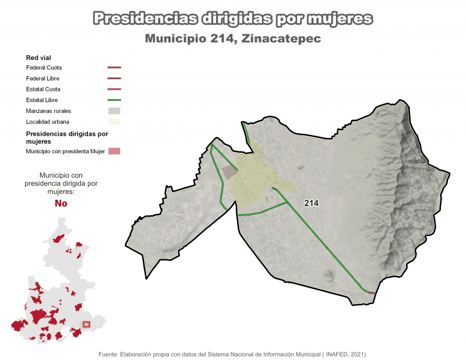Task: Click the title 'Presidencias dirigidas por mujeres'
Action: tap(233, 19)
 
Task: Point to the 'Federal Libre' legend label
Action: tap(43, 78)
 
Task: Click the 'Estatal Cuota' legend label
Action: tap(43, 89)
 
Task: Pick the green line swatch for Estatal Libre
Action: tap(114, 100)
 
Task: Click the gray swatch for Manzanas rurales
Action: tap(114, 111)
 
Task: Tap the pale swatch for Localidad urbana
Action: tap(114, 122)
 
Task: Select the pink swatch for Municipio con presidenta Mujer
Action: tap(114, 151)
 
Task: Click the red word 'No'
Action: tap(61, 203)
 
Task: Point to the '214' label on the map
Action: tap(312, 203)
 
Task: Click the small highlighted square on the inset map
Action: tap(87, 324)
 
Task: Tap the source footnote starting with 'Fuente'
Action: tap(233, 354)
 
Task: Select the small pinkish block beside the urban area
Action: tap(230, 173)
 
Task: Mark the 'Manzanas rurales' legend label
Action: tap(49, 111)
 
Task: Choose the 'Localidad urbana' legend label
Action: tap(47, 122)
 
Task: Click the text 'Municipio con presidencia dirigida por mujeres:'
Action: tap(61, 183)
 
